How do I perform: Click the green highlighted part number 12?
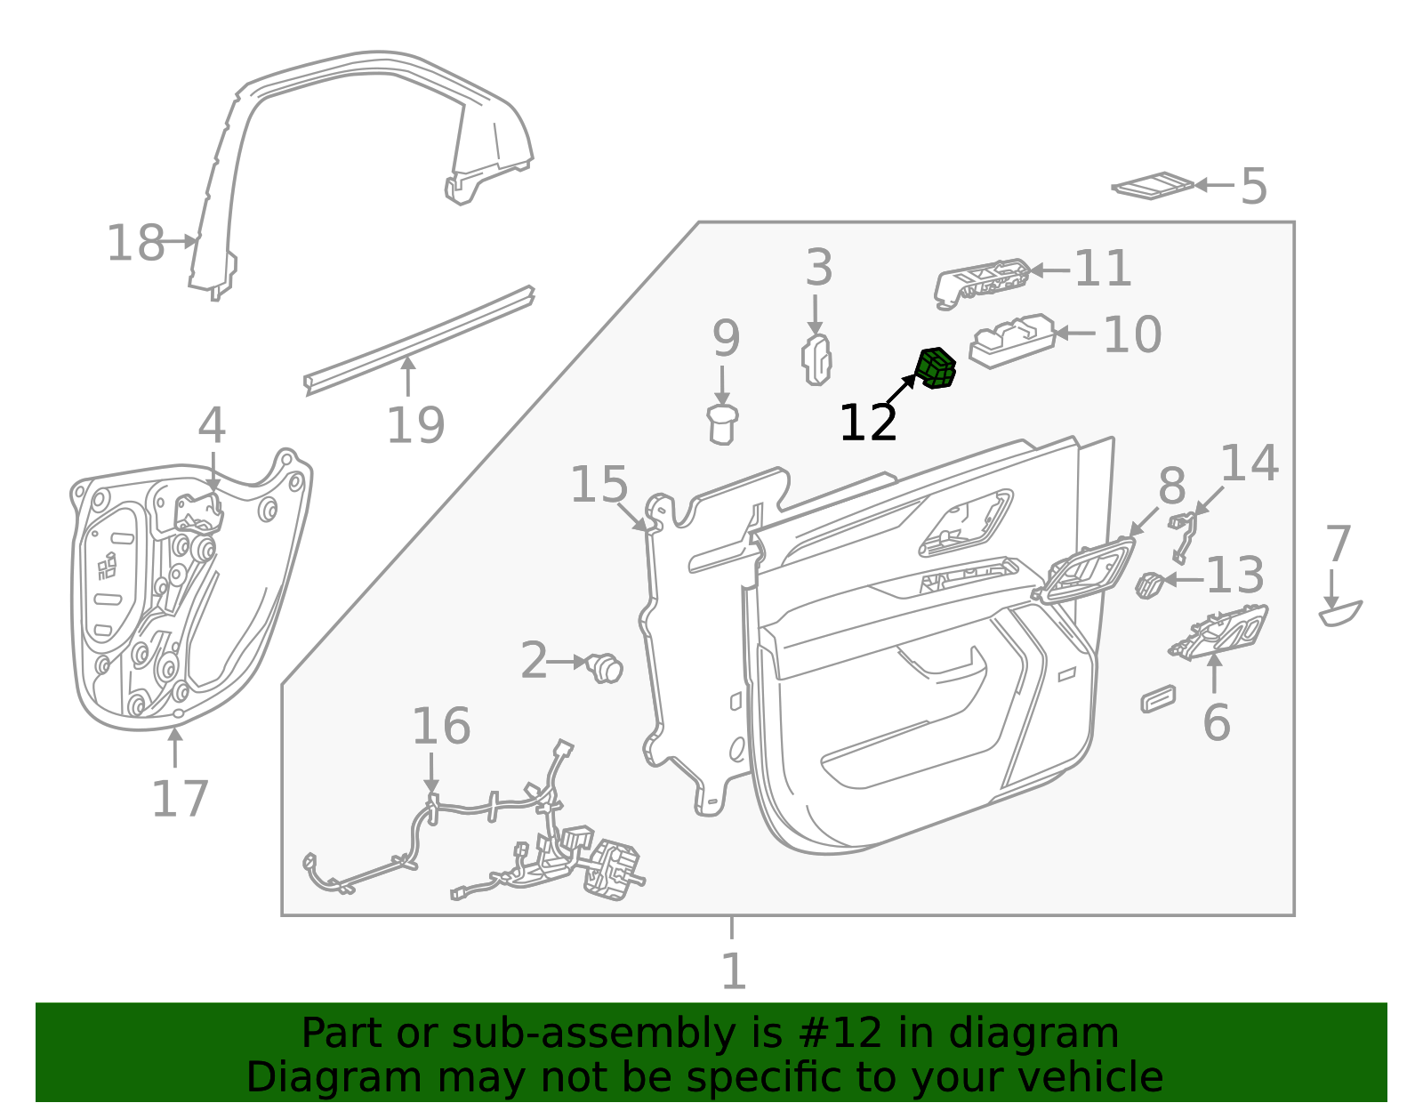pyautogui.click(x=936, y=368)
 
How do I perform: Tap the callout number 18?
pyautogui.click(x=135, y=243)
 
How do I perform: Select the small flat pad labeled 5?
pyautogui.click(x=1153, y=185)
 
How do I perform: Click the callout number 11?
pyautogui.click(x=1102, y=268)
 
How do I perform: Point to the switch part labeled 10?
pyautogui.click(x=1011, y=340)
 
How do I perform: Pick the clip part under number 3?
pyautogui.click(x=817, y=361)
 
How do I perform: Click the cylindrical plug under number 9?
pyautogui.click(x=722, y=423)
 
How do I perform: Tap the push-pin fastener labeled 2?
pyautogui.click(x=607, y=666)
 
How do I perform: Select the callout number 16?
pyautogui.click(x=440, y=726)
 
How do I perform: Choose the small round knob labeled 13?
pyautogui.click(x=1149, y=584)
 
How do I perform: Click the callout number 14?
pyautogui.click(x=1248, y=463)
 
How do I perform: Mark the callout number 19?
pyautogui.click(x=414, y=424)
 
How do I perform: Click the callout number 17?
pyautogui.click(x=179, y=798)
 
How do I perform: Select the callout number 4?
pyautogui.click(x=211, y=426)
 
